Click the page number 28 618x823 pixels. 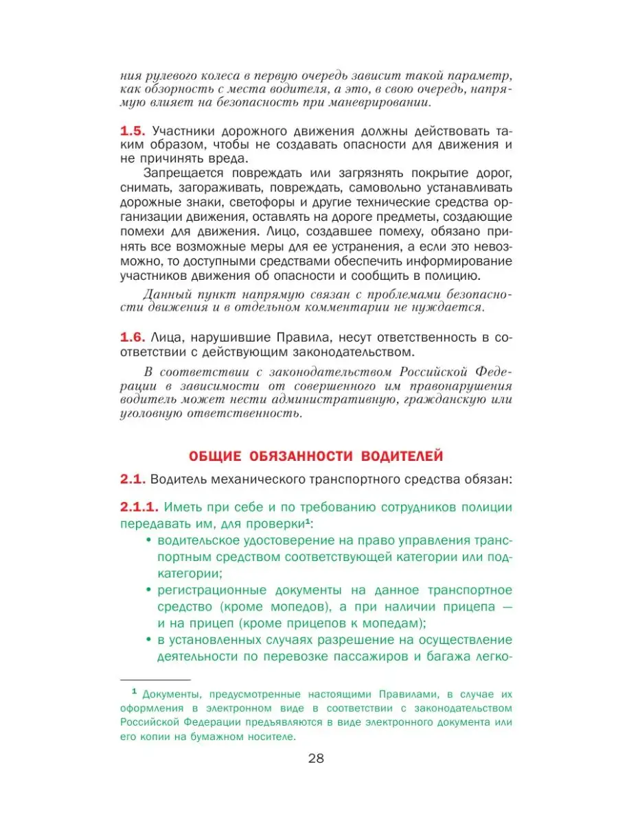pyautogui.click(x=309, y=759)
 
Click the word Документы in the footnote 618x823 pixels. pyautogui.click(x=169, y=693)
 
